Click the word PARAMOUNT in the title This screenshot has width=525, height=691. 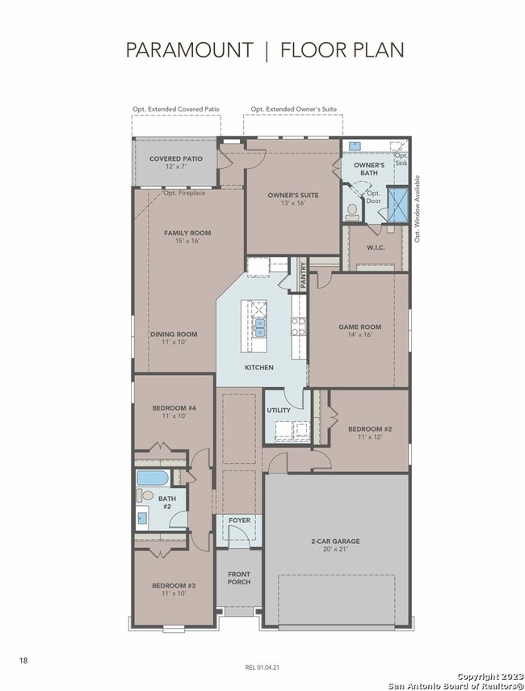click(x=189, y=50)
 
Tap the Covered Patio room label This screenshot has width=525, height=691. click(x=176, y=162)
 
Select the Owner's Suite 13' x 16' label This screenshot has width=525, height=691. click(x=293, y=199)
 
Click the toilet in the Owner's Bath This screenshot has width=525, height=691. click(x=352, y=212)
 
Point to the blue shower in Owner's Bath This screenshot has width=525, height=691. click(x=397, y=204)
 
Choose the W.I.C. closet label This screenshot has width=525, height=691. click(x=376, y=247)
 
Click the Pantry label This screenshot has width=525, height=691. click(x=303, y=276)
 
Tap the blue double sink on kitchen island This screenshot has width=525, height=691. click(x=260, y=327)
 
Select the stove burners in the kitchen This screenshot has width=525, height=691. click(x=298, y=327)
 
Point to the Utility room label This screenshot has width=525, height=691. click(x=279, y=411)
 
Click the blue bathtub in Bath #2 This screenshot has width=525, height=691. click(x=152, y=478)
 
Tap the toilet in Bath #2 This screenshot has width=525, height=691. click(x=145, y=495)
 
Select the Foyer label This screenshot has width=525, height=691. click(x=240, y=520)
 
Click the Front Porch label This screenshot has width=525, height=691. click(x=239, y=578)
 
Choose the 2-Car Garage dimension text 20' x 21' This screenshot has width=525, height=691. click(x=336, y=549)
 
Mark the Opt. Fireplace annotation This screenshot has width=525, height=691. click(x=184, y=192)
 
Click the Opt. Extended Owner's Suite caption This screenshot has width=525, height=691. click(x=294, y=109)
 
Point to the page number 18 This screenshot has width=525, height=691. click(x=23, y=660)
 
